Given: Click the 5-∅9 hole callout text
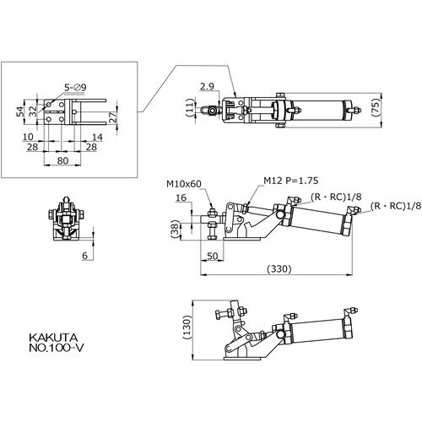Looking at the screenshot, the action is click(75, 88).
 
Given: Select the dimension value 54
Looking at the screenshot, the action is click(19, 111).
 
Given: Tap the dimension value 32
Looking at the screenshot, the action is click(33, 111).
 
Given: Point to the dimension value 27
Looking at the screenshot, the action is click(112, 117).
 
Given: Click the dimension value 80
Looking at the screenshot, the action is click(62, 160).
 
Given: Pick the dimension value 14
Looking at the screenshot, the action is click(97, 138).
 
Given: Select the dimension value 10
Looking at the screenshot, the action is click(28, 137).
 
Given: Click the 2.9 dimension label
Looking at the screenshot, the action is click(207, 87).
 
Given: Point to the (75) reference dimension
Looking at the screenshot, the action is click(376, 108).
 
